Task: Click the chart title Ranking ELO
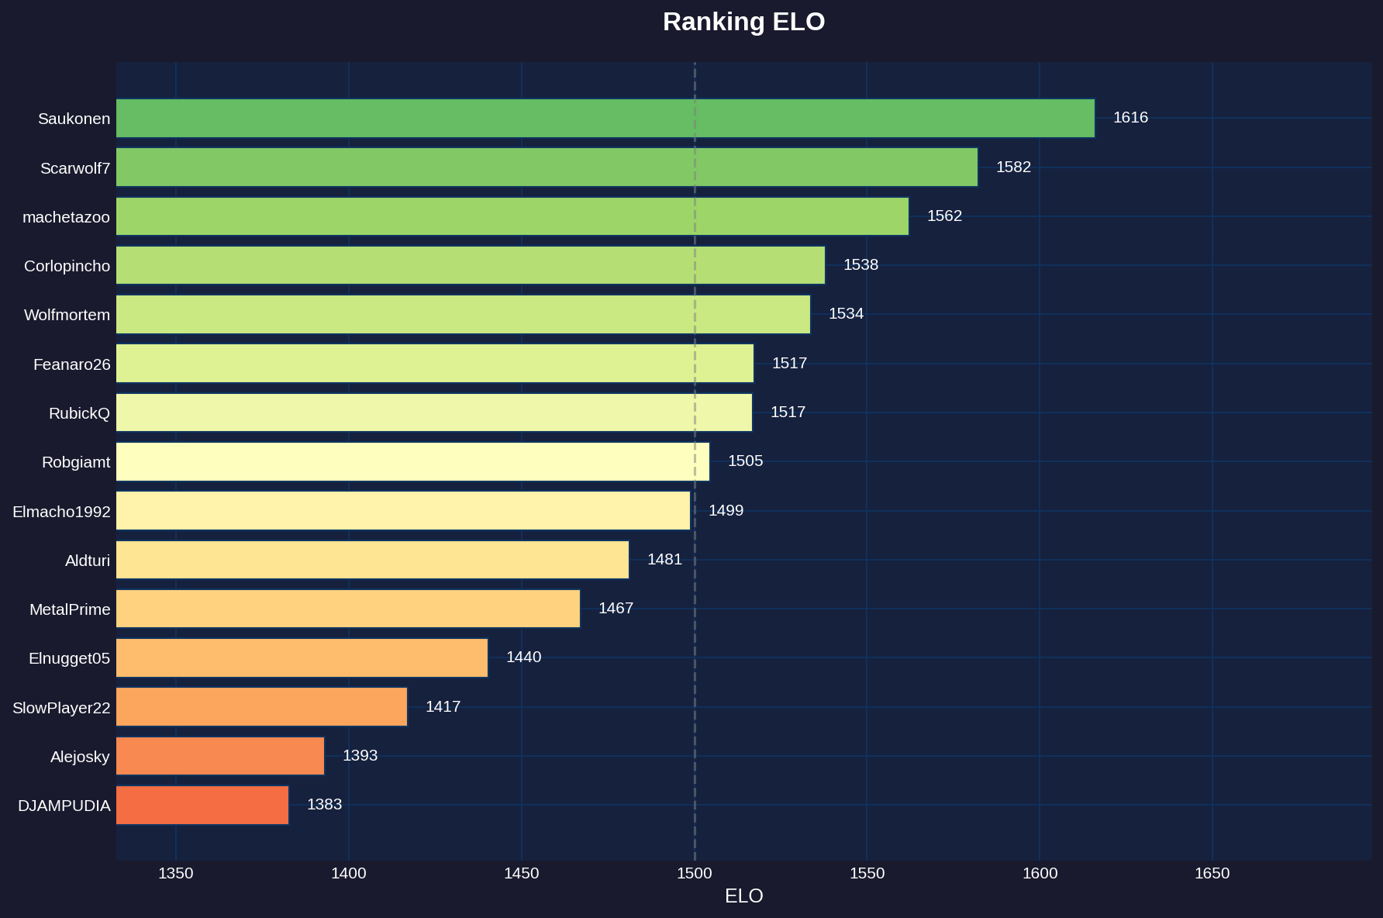tap(743, 22)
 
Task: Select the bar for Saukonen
tap(605, 119)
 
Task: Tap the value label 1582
tap(1013, 167)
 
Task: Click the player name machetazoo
tap(66, 217)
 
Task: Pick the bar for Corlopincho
tap(470, 265)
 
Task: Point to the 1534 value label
tap(846, 314)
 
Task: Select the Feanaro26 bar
tap(434, 364)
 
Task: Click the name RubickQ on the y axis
tap(79, 413)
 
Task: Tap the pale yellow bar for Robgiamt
tap(412, 462)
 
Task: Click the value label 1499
tap(726, 511)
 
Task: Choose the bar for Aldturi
tap(372, 560)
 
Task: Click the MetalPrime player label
tap(70, 609)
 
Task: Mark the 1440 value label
tap(523, 657)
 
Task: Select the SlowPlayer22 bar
tap(261, 707)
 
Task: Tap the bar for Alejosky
tap(220, 756)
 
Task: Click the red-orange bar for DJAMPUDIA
tap(202, 805)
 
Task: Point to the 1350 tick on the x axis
tap(176, 874)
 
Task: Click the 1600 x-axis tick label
tap(1040, 874)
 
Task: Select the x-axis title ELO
tap(743, 896)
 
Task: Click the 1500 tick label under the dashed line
tap(694, 874)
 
